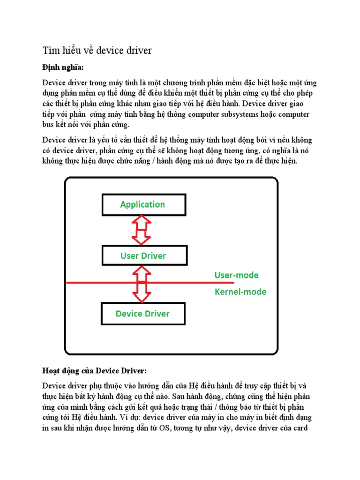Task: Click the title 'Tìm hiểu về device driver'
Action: (x=97, y=51)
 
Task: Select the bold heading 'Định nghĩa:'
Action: (x=63, y=67)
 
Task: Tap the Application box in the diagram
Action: (x=142, y=204)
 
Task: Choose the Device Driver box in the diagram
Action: (x=142, y=314)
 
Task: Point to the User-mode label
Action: (x=236, y=275)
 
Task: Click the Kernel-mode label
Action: (x=240, y=292)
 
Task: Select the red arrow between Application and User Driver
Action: (x=142, y=230)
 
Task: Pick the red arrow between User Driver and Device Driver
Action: (x=142, y=284)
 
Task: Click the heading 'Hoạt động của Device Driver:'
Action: (x=94, y=371)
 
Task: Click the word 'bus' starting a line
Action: (x=48, y=125)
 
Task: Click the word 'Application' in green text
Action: (x=142, y=204)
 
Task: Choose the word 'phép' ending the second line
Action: (x=307, y=93)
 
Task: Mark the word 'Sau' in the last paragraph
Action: (x=179, y=396)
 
